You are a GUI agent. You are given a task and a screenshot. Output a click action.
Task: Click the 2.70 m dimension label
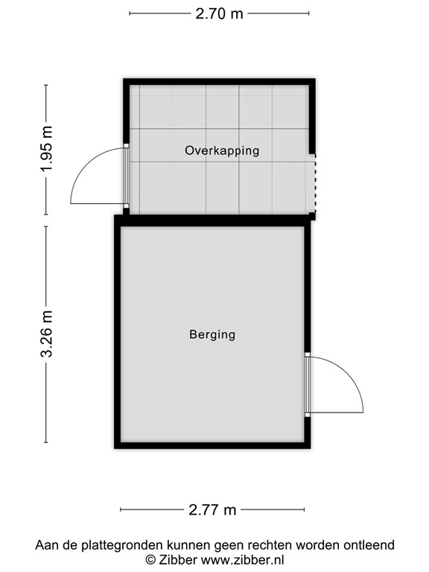coord(219,13)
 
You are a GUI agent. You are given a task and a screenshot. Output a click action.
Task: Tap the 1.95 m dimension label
coord(48,149)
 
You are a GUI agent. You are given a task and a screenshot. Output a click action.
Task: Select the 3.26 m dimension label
coord(48,334)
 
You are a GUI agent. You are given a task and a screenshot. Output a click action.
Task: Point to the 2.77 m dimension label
coord(212,510)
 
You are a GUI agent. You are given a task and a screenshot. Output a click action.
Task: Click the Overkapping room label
coord(222,150)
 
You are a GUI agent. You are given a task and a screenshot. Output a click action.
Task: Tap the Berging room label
coord(212,334)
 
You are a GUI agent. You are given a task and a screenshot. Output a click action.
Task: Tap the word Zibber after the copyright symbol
coord(176,559)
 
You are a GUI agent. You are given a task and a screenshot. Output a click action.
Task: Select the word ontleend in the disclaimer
coord(369,545)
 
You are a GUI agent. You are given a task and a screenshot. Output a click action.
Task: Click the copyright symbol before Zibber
coord(150,559)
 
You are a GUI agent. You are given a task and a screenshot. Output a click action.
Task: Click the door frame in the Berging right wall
coord(307,384)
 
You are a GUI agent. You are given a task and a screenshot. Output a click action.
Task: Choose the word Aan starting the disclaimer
coord(46,545)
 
